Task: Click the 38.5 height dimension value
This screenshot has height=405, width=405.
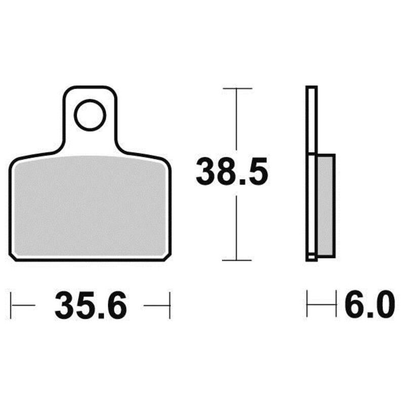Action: [x=232, y=172]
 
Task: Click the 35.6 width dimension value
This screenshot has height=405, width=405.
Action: [x=91, y=306]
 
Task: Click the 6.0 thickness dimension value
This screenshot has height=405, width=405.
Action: [x=370, y=304]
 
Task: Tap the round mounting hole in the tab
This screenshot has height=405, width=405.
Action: [x=90, y=115]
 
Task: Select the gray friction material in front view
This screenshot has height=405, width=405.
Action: [x=90, y=206]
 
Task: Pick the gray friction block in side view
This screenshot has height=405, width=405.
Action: [x=326, y=206]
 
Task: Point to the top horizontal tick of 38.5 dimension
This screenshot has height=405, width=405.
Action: [x=237, y=89]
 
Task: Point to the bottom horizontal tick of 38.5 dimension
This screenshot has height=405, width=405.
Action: [x=236, y=260]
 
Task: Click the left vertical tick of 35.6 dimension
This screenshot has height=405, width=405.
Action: [x=11, y=305]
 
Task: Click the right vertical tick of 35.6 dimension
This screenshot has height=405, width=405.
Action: [x=170, y=305]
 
